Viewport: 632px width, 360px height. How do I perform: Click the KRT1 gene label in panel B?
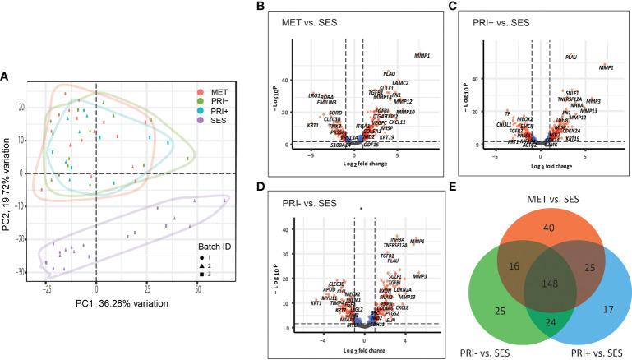(313, 125)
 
